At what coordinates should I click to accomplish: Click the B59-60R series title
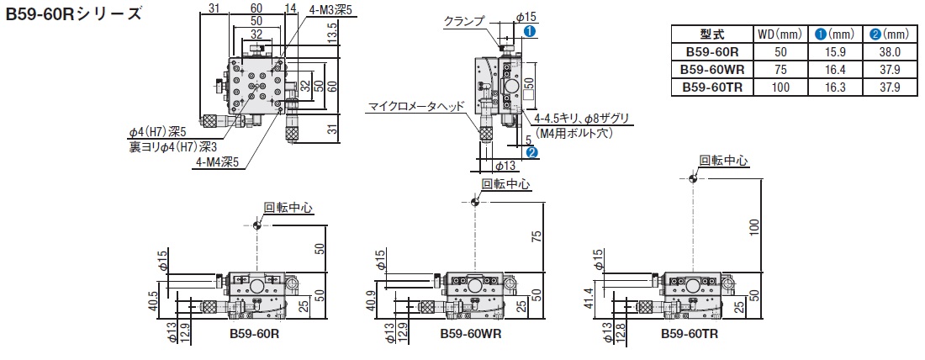coord(73,13)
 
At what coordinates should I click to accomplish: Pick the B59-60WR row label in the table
coord(712,70)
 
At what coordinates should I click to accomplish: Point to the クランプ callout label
coord(462,22)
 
